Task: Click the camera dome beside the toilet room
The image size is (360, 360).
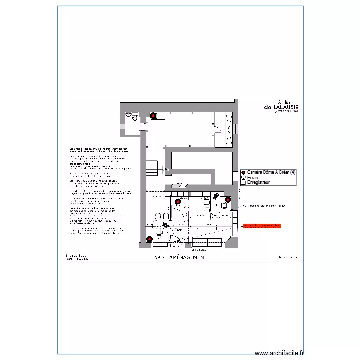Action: pos(153,115)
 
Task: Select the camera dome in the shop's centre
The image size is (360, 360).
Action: pos(178,201)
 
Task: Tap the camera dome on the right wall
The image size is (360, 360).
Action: pos(228,199)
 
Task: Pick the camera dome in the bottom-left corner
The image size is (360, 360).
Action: pos(149,239)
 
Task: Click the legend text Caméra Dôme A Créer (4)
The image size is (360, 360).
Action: pos(272,172)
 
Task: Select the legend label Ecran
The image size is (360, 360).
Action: pos(252,178)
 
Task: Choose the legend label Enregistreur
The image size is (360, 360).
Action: pos(258,183)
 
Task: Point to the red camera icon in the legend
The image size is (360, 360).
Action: pos(243,173)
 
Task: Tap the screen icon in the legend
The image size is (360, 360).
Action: pos(243,178)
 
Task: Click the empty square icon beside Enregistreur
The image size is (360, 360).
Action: pos(243,183)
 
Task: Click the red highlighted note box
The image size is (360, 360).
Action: pos(262,226)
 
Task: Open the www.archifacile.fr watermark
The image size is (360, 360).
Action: pos(279,353)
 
